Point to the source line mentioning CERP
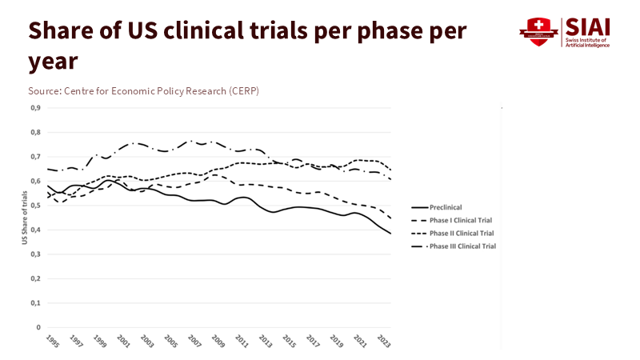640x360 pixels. (143, 90)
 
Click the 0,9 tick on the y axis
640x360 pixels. (35, 108)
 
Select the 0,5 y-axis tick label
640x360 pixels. (35, 206)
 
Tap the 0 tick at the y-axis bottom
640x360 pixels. (38, 328)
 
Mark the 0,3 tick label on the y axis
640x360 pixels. (35, 254)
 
